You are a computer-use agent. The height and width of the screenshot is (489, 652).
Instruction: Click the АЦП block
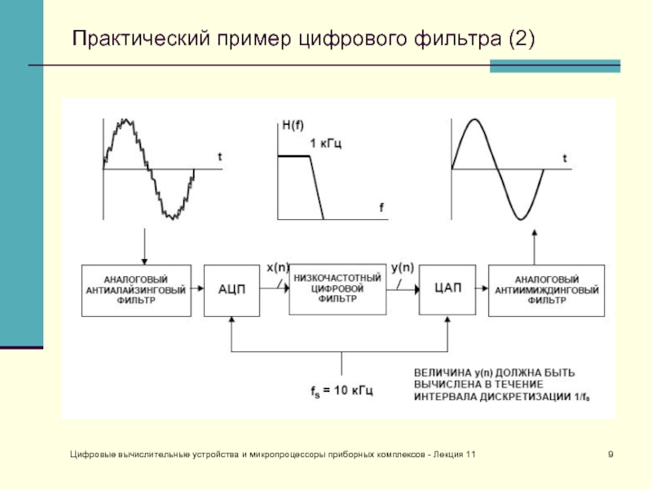(231, 289)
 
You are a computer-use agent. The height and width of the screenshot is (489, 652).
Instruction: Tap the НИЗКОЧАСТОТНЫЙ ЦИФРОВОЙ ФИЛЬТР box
(336, 289)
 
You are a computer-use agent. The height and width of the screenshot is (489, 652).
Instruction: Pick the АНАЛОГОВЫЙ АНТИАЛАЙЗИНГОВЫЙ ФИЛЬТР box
(135, 289)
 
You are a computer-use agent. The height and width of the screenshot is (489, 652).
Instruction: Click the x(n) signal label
(278, 266)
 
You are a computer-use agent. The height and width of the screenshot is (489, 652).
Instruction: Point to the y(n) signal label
(402, 266)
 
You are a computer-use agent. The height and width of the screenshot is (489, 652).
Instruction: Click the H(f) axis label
(293, 126)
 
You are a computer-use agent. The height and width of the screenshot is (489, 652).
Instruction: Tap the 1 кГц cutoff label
(326, 143)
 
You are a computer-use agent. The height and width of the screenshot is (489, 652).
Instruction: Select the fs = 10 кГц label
(341, 391)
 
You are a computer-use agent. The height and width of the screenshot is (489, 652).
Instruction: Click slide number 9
(610, 453)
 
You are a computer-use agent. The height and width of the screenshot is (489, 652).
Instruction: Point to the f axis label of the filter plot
(381, 208)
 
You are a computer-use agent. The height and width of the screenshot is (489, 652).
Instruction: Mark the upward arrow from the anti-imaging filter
(534, 245)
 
